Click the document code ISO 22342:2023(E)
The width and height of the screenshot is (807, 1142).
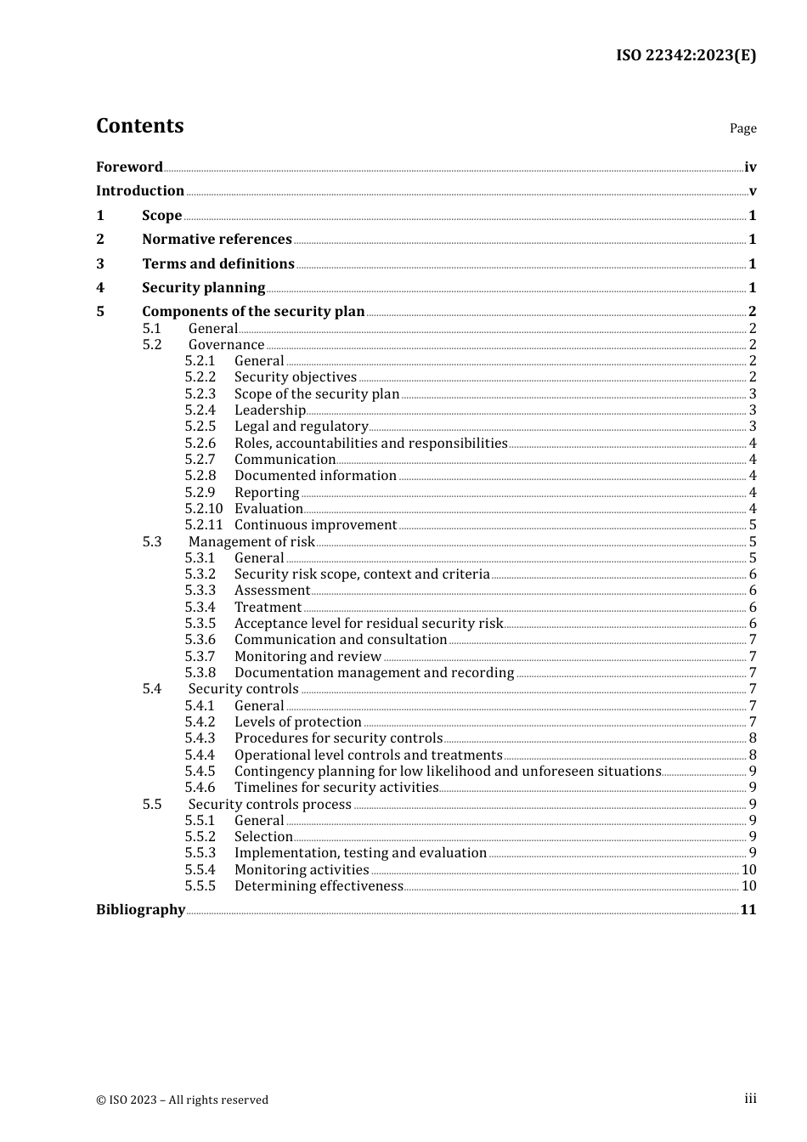(x=686, y=56)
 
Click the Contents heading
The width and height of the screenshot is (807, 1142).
(x=139, y=126)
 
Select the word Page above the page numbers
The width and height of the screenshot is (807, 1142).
(x=742, y=128)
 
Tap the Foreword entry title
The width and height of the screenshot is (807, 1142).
(x=129, y=167)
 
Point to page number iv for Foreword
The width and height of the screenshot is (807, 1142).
(x=750, y=167)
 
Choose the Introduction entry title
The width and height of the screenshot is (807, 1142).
(x=140, y=191)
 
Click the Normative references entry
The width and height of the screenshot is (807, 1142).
(x=217, y=240)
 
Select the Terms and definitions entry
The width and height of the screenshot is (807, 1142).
(x=217, y=264)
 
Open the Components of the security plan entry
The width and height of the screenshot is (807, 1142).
(x=253, y=312)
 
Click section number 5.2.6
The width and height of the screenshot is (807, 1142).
(x=200, y=444)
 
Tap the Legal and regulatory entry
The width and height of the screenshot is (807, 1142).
(x=301, y=427)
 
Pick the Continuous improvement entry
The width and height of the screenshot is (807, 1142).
(x=315, y=525)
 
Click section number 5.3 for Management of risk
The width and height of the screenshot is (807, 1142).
(x=152, y=542)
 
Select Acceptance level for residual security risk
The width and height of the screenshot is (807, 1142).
(x=369, y=624)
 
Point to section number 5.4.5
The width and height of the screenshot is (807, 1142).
(x=200, y=772)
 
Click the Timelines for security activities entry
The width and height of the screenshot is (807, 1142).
(x=336, y=788)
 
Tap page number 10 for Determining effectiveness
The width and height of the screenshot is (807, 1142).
(x=748, y=886)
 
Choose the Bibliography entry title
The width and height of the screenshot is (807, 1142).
(x=140, y=910)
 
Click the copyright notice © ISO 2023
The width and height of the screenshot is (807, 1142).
(x=182, y=1100)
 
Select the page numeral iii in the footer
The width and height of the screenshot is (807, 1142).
(x=750, y=1099)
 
